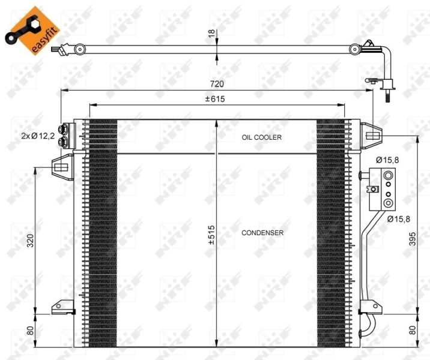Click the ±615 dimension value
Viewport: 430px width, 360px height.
215,99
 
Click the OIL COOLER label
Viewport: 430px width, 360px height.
261,137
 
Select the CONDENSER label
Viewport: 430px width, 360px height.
262,232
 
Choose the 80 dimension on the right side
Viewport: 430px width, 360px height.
411,331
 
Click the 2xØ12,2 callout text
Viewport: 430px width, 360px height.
38,137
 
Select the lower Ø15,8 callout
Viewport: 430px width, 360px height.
398,219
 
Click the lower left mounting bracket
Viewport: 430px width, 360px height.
62,307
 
